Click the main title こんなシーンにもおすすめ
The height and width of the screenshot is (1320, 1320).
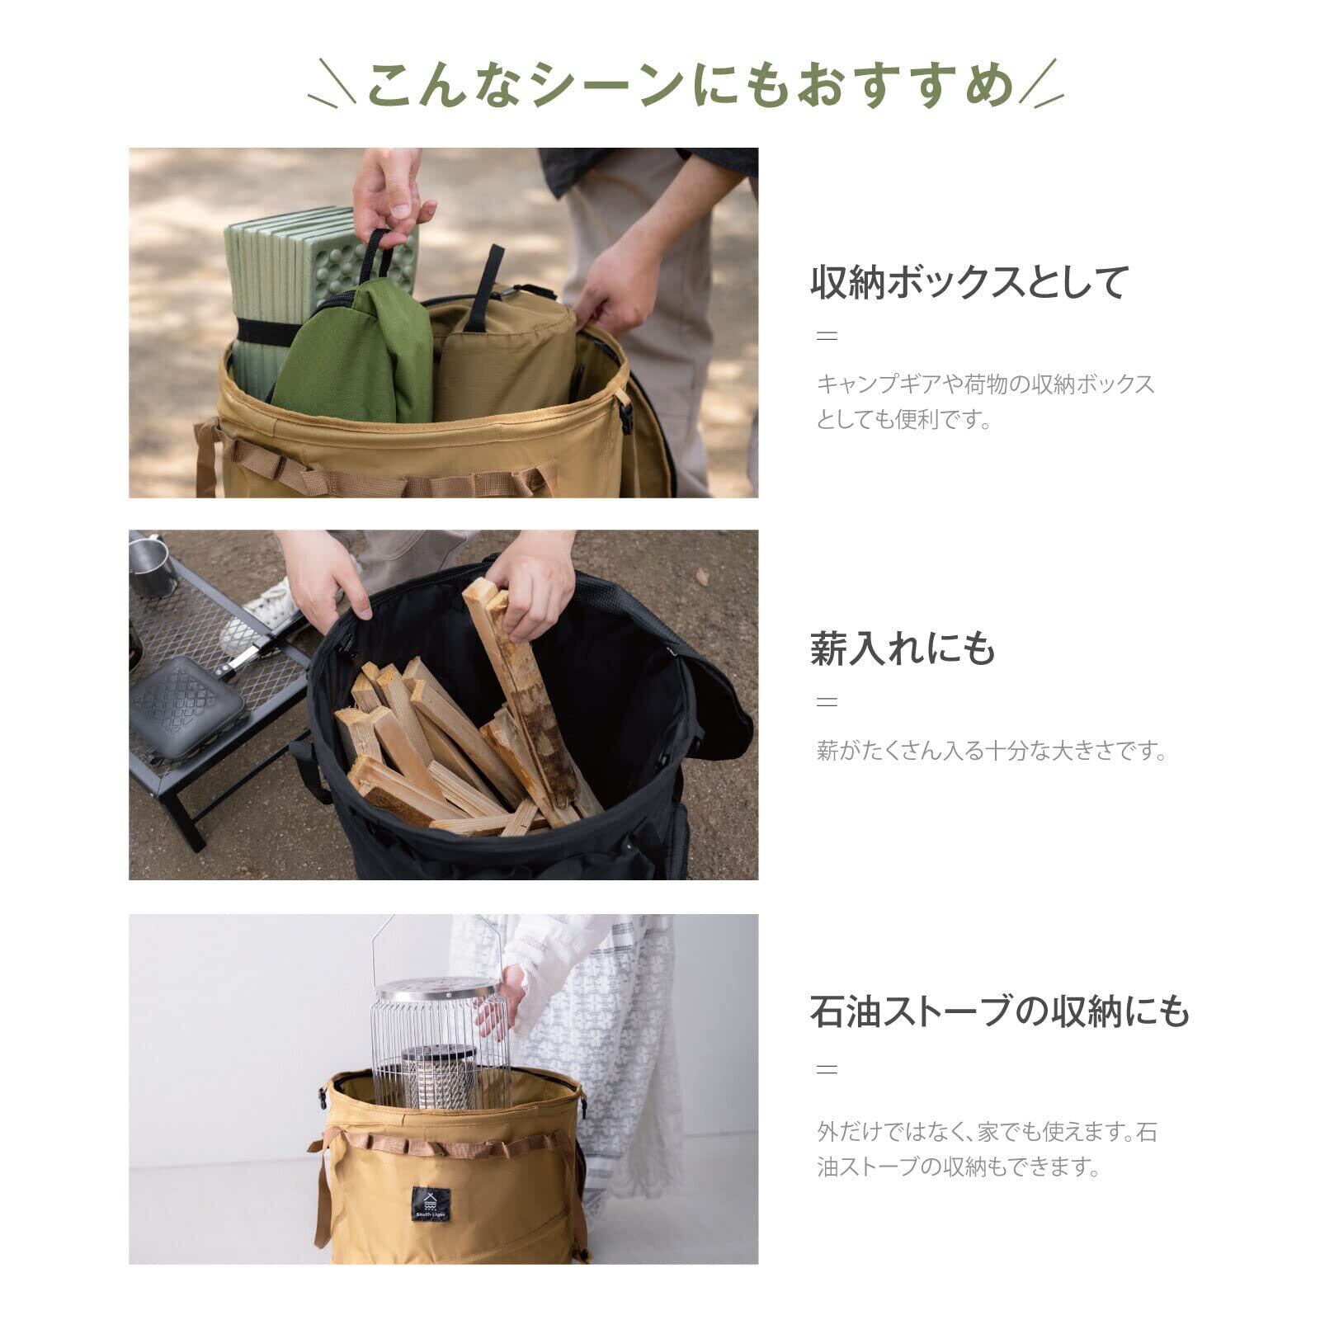[x=689, y=85]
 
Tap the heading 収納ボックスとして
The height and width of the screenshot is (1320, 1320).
[x=969, y=282]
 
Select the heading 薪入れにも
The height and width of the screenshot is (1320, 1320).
[x=903, y=648]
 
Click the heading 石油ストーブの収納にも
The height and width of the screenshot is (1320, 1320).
[x=1000, y=1011]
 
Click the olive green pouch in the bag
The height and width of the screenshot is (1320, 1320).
[x=355, y=355]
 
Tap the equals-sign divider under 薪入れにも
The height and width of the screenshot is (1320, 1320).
[x=826, y=702]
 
